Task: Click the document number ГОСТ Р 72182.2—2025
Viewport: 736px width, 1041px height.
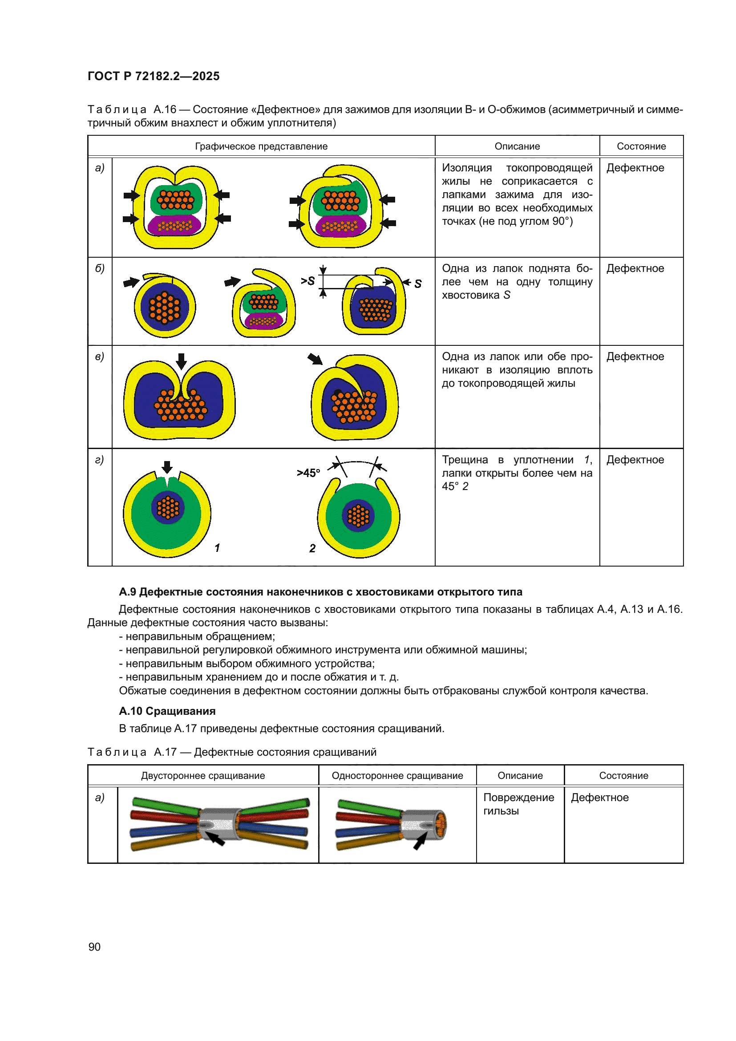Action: tap(153, 76)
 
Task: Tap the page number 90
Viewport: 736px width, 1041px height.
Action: tap(94, 947)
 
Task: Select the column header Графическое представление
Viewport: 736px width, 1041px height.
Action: tap(261, 146)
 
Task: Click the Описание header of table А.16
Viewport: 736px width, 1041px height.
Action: tap(517, 146)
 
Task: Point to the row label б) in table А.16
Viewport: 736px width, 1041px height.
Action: tap(100, 268)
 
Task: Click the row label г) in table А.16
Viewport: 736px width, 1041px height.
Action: tap(100, 460)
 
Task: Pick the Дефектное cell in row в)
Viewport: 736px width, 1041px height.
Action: tap(635, 356)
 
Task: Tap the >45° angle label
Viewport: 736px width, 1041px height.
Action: tap(308, 473)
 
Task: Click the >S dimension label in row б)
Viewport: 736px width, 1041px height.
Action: tap(308, 281)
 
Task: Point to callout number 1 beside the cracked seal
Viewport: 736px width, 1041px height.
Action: tap(217, 548)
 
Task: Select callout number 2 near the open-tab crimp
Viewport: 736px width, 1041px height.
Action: tap(312, 548)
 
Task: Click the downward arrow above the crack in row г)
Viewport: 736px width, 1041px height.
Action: tap(167, 467)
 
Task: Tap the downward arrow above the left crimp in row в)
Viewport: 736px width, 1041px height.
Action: tap(181, 361)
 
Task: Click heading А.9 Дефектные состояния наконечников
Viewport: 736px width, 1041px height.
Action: tap(320, 591)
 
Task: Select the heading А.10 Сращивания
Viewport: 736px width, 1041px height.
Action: tap(167, 711)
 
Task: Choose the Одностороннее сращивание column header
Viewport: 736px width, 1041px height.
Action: tap(397, 775)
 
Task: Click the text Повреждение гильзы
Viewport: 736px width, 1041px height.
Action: tap(518, 804)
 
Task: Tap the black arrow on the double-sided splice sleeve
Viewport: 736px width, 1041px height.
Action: tap(216, 839)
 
